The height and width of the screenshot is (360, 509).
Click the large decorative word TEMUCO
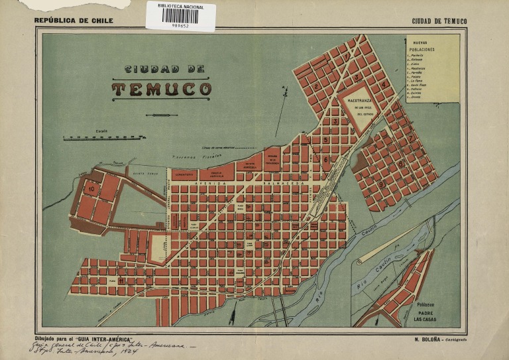point(161,89)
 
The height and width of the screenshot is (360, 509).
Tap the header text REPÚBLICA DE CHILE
point(74,21)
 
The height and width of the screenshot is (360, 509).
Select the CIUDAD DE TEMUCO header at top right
point(439,21)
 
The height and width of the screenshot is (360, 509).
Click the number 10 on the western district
point(91,189)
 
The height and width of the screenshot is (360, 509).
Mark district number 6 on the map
point(325,159)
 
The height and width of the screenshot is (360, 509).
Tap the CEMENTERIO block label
point(184,175)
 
